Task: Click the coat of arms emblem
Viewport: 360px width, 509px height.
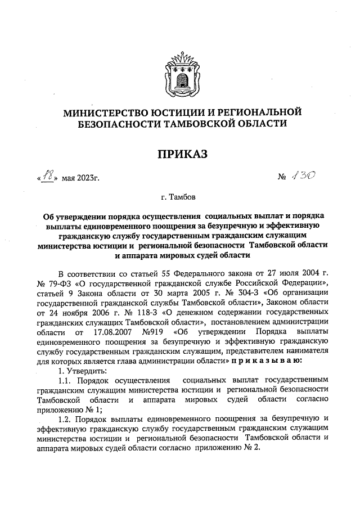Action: pos(180,73)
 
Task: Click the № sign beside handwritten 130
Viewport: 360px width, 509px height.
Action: pos(282,179)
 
